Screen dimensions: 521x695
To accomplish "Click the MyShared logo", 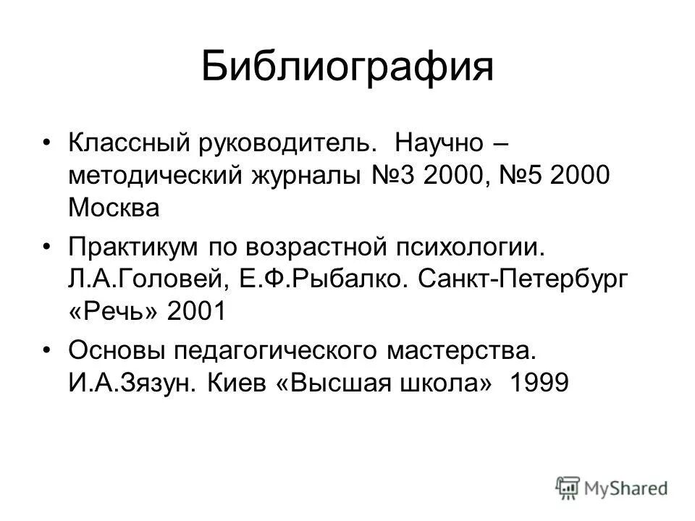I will (612, 488).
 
